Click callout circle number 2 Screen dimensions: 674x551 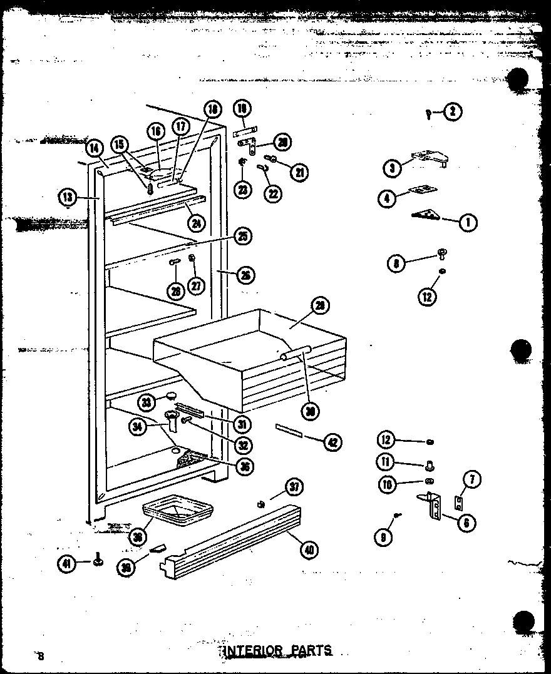(453, 112)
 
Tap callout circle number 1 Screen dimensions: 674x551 (467, 222)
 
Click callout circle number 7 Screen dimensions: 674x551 (471, 480)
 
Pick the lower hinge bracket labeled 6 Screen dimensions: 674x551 (433, 506)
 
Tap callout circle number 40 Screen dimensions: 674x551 (309, 550)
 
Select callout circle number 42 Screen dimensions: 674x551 (332, 442)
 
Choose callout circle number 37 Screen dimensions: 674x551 (294, 486)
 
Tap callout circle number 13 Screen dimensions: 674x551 (68, 197)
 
